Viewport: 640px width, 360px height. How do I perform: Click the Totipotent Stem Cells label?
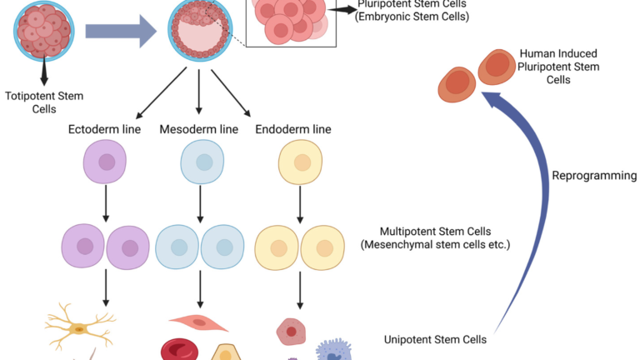pos(44,102)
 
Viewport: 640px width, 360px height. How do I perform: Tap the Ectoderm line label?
pos(104,129)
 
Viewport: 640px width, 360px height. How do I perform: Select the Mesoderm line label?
pos(199,129)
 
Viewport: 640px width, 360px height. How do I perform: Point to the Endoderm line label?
pos(293,129)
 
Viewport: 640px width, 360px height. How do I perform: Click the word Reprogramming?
pos(594,176)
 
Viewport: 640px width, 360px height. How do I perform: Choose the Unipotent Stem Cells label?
pos(435,340)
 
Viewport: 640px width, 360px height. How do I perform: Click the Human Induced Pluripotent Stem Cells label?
pos(558,67)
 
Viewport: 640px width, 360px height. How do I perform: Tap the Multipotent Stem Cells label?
pos(435,238)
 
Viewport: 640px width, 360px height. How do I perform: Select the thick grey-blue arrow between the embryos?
pos(121,31)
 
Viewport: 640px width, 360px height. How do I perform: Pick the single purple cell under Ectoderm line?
pos(105,162)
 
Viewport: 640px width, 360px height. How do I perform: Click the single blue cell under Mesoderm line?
pos(202,162)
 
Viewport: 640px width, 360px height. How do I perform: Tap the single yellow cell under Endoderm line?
pos(300,162)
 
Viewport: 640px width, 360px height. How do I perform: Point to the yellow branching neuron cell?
pos(80,327)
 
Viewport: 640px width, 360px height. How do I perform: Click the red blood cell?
pos(180,350)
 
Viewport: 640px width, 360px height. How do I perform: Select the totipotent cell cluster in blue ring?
pos(44,31)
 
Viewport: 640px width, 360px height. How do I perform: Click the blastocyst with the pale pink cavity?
pos(200,31)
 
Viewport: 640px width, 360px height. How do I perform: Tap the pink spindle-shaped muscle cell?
pos(199,322)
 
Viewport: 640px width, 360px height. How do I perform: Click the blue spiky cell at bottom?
pos(334,351)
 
